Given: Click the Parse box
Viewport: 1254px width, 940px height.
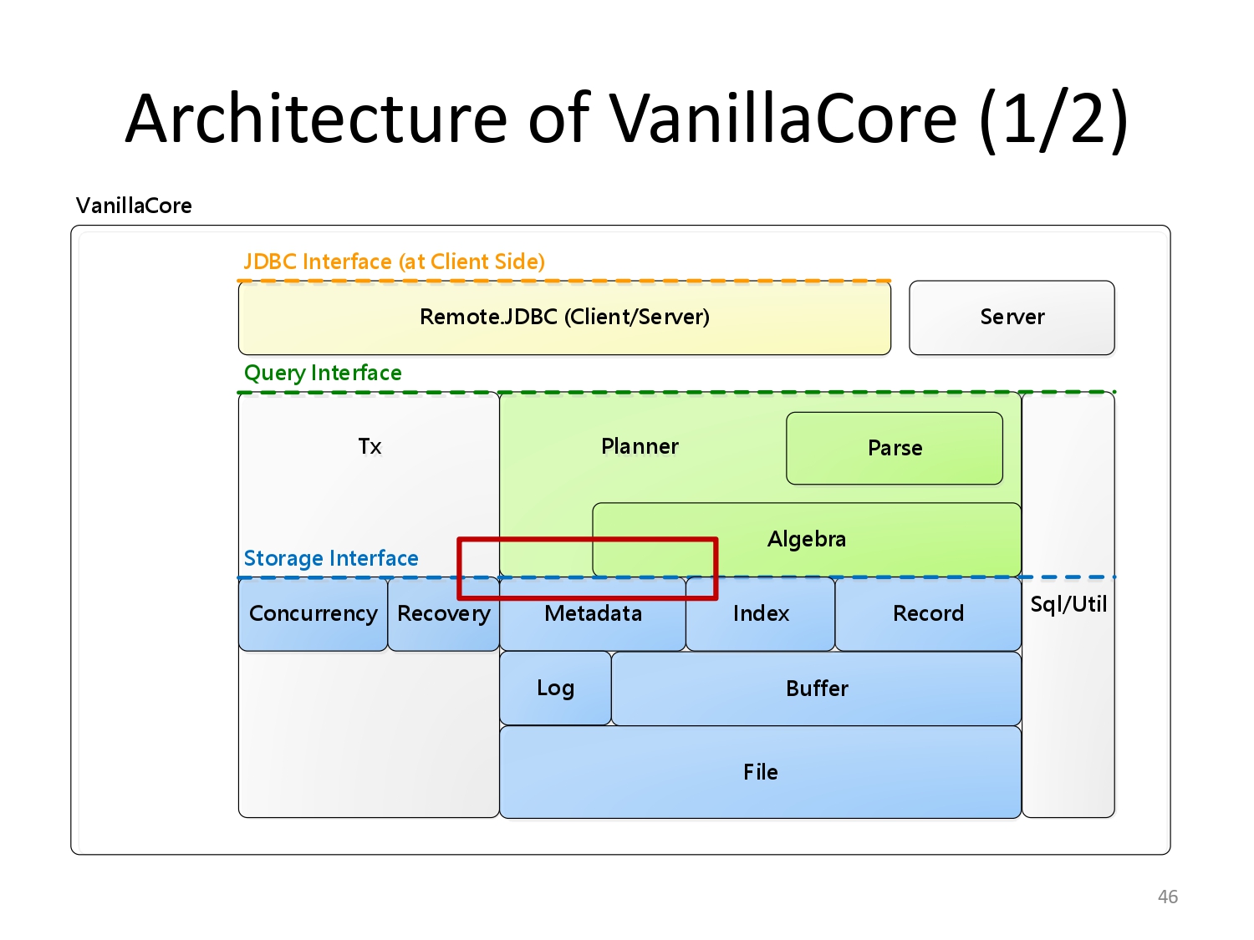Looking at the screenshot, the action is click(894, 448).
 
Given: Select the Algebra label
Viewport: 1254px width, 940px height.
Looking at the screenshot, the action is click(806, 539).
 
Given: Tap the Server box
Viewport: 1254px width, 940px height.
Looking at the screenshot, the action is click(1012, 318).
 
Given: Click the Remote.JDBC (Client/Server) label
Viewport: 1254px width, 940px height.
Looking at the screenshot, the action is click(564, 317).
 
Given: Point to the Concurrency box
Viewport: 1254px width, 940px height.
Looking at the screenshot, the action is click(313, 614).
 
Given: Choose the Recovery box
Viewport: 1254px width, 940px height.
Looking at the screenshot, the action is click(443, 614).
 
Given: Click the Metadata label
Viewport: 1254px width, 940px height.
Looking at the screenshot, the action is click(593, 613).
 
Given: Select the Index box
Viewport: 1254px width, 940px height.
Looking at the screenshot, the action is click(761, 614).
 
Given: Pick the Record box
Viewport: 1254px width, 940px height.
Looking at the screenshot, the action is click(928, 614).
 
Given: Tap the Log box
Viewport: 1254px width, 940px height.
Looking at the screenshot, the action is click(555, 688).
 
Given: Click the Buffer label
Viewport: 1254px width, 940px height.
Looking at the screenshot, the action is click(817, 688).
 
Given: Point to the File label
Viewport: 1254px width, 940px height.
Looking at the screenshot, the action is click(761, 772).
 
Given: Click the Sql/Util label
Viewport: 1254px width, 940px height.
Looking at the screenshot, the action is click(1068, 604).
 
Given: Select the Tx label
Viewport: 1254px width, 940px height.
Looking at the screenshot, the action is click(370, 446).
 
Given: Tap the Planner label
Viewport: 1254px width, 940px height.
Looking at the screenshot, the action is click(640, 446).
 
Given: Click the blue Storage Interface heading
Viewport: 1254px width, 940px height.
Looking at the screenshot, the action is click(331, 558).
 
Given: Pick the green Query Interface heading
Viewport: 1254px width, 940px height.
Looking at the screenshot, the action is click(323, 373).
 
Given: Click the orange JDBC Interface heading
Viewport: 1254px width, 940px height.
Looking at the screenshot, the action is click(395, 262).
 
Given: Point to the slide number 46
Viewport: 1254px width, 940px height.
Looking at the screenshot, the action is click(1168, 897).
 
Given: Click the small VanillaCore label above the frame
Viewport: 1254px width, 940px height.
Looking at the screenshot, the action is click(134, 206).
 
